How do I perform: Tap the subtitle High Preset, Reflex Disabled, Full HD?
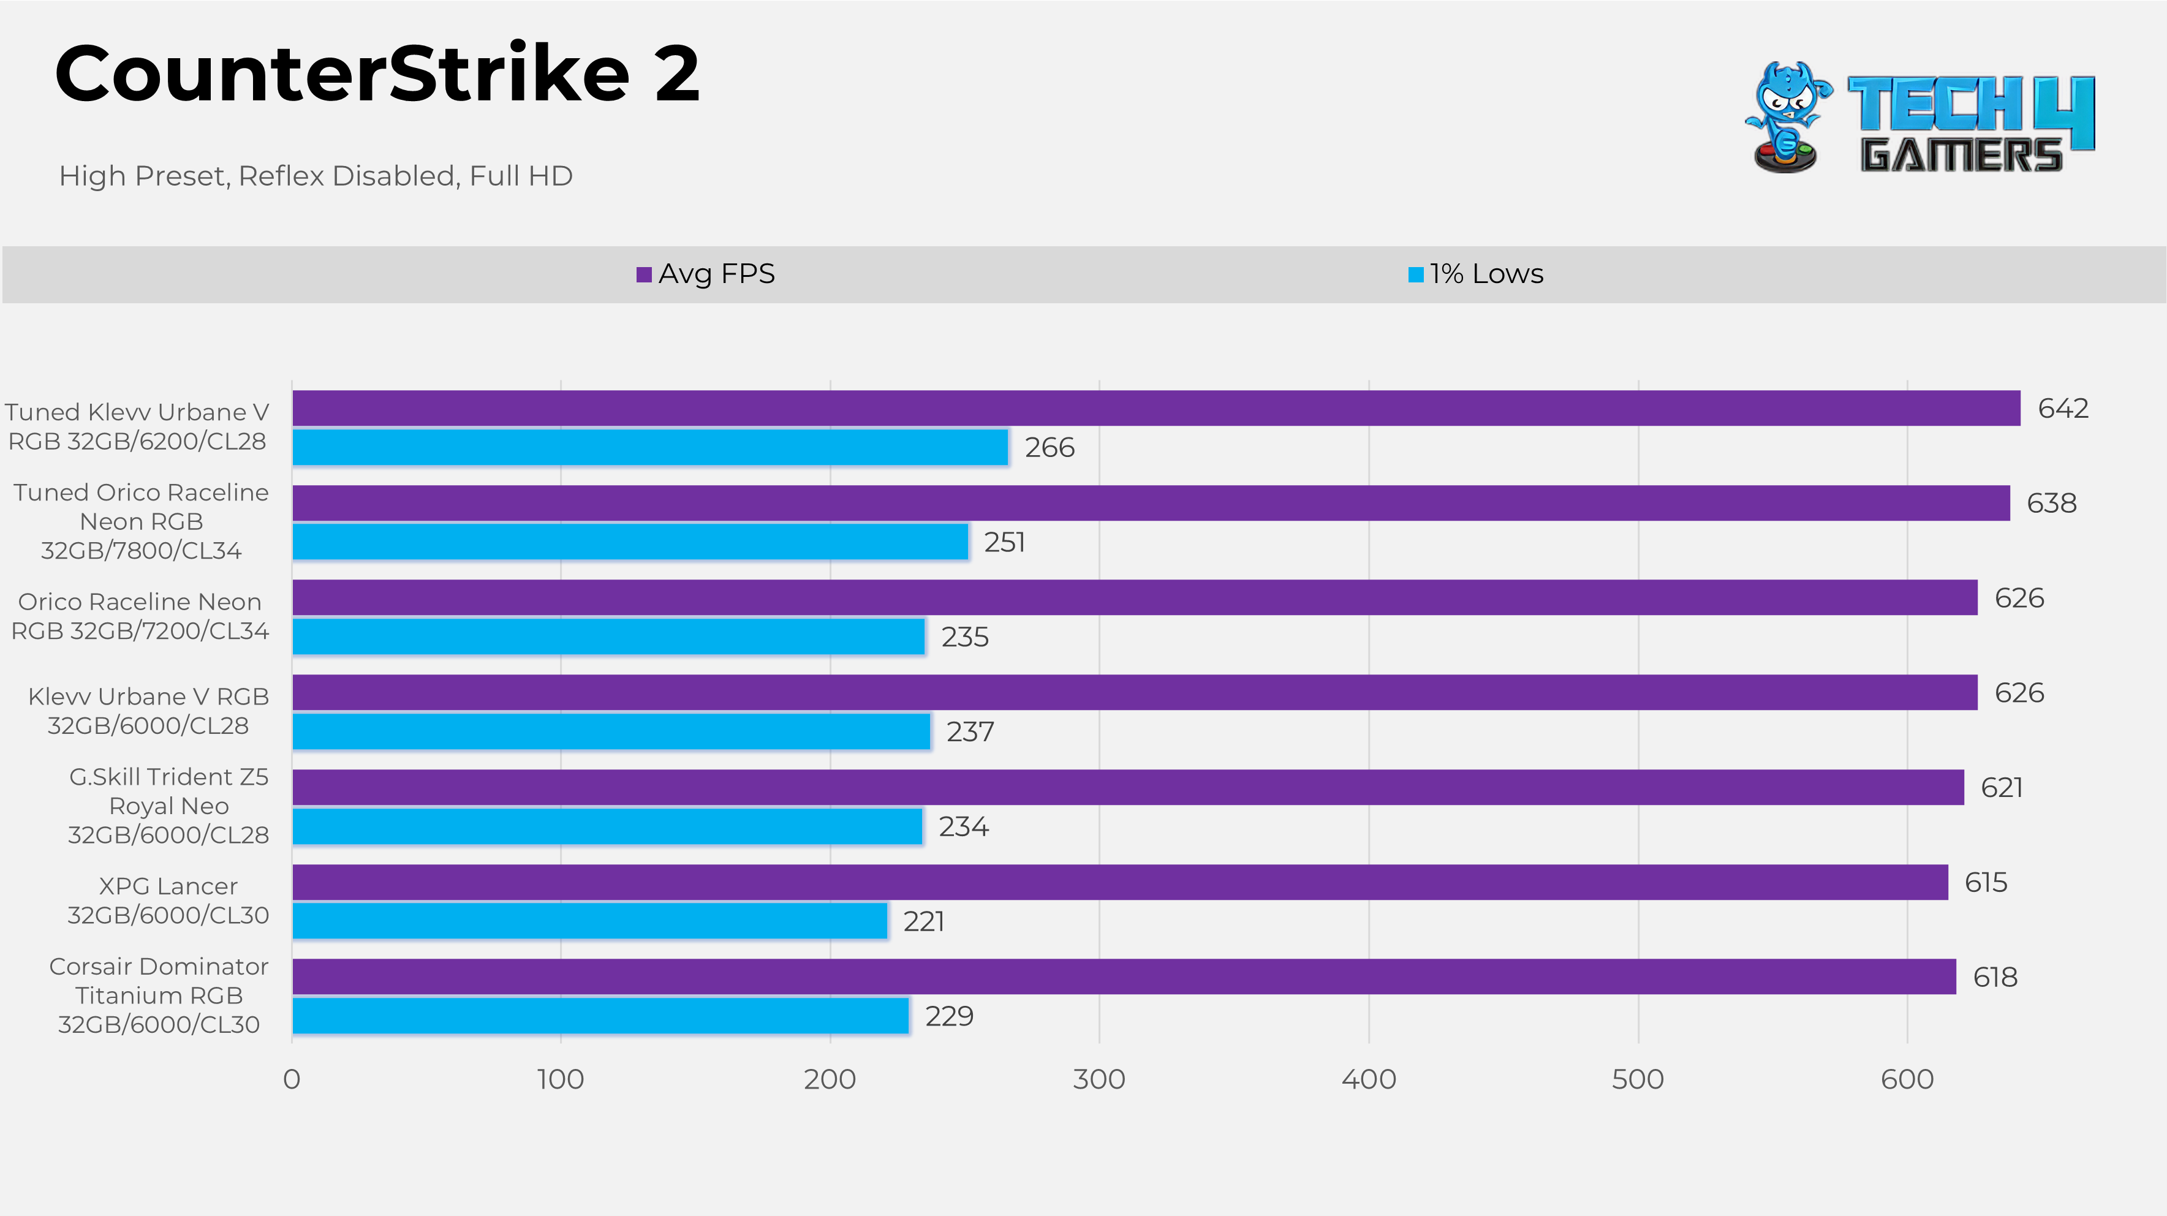tap(316, 176)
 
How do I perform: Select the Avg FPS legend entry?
tap(706, 274)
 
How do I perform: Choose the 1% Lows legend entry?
tap(1477, 274)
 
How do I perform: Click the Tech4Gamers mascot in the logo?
tap(1787, 117)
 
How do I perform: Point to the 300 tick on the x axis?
tap(1099, 1079)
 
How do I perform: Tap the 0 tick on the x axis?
tap(292, 1079)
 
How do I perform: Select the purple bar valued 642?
tap(1156, 408)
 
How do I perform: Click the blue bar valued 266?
tap(649, 447)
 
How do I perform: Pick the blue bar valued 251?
tap(630, 542)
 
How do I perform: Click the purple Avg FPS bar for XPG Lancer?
tap(1120, 882)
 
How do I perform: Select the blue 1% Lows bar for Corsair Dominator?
tap(600, 1016)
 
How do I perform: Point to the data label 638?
tap(2051, 503)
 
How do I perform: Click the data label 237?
tap(970, 731)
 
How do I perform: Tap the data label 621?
tap(2002, 787)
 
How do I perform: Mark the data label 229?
tap(949, 1016)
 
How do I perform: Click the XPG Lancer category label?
tap(168, 901)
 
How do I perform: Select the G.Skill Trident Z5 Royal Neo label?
tap(168, 806)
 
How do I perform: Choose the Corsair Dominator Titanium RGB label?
tap(159, 995)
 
